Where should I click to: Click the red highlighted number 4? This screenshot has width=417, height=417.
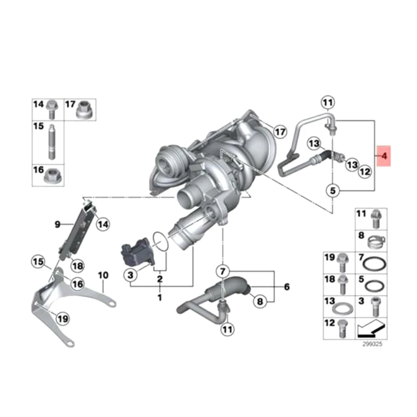(384, 155)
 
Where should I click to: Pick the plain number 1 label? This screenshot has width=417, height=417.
(160, 298)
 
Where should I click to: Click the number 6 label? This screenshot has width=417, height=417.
(286, 287)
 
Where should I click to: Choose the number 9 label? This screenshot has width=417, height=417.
(58, 225)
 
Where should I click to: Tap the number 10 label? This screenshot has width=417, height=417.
(103, 274)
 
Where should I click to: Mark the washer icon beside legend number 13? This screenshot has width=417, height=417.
(342, 307)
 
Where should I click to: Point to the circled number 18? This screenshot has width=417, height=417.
(77, 266)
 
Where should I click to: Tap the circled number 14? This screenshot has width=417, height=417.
(103, 225)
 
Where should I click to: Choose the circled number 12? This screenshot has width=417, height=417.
(364, 170)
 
